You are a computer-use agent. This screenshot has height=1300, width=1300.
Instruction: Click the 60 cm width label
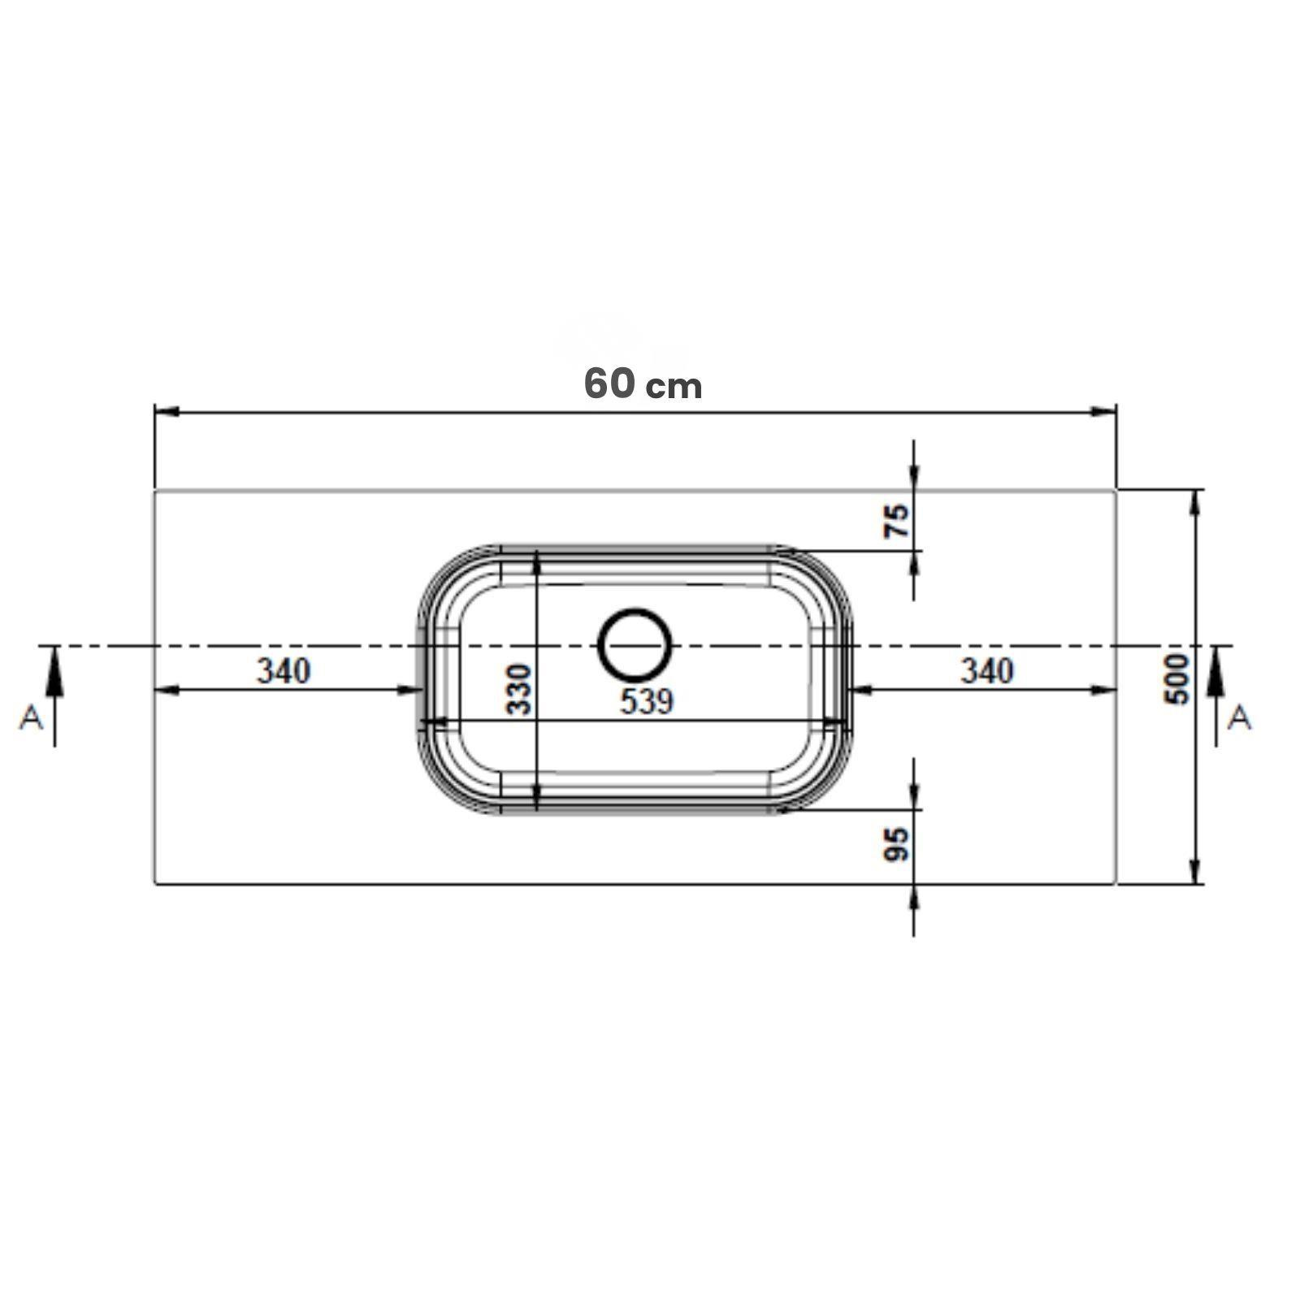[643, 383]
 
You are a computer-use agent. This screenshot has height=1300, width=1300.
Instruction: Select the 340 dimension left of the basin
[284, 671]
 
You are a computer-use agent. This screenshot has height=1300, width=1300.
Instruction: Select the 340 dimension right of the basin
[987, 671]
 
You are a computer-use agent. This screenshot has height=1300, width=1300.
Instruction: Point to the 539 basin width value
[647, 701]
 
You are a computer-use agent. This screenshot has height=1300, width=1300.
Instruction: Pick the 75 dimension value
[897, 521]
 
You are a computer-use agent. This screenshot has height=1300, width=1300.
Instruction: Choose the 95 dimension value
[897, 845]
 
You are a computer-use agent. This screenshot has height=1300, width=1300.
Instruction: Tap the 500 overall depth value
[1176, 678]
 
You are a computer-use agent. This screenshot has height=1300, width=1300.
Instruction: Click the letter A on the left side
[32, 717]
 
